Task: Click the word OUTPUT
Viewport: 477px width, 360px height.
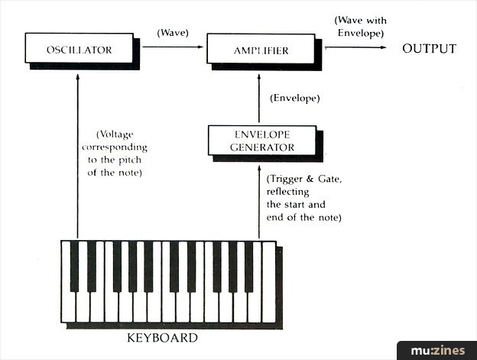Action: [429, 49]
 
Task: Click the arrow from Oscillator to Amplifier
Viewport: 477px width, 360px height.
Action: [173, 47]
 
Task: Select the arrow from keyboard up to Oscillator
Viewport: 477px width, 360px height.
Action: [77, 153]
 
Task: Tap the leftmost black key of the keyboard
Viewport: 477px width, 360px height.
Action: [74, 267]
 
